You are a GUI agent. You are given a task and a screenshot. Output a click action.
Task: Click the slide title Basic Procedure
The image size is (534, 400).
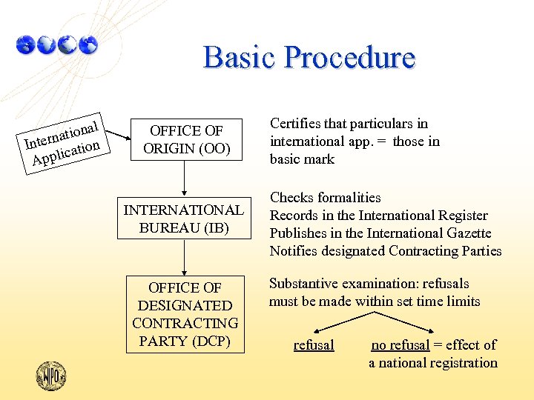click(x=309, y=57)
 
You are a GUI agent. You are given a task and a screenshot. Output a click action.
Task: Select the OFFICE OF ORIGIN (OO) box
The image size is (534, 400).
click(x=182, y=139)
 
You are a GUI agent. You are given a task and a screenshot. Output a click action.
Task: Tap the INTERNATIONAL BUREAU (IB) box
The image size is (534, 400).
click(x=182, y=219)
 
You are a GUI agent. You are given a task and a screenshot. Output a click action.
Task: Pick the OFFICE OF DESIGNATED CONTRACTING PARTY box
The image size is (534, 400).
click(x=185, y=314)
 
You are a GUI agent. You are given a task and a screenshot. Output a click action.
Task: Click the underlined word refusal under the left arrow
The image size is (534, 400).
click(x=314, y=345)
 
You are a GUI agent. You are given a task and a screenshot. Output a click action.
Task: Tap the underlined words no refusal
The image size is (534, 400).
click(x=400, y=345)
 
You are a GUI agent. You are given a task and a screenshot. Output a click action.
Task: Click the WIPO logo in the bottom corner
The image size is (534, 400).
click(x=51, y=376)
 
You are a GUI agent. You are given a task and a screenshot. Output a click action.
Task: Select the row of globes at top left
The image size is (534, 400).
click(x=56, y=45)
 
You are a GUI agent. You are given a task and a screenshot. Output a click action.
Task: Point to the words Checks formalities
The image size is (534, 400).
click(x=325, y=198)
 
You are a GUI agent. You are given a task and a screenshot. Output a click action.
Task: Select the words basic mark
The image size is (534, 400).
click(x=302, y=159)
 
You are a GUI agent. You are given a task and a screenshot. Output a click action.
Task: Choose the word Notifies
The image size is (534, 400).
click(x=294, y=251)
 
